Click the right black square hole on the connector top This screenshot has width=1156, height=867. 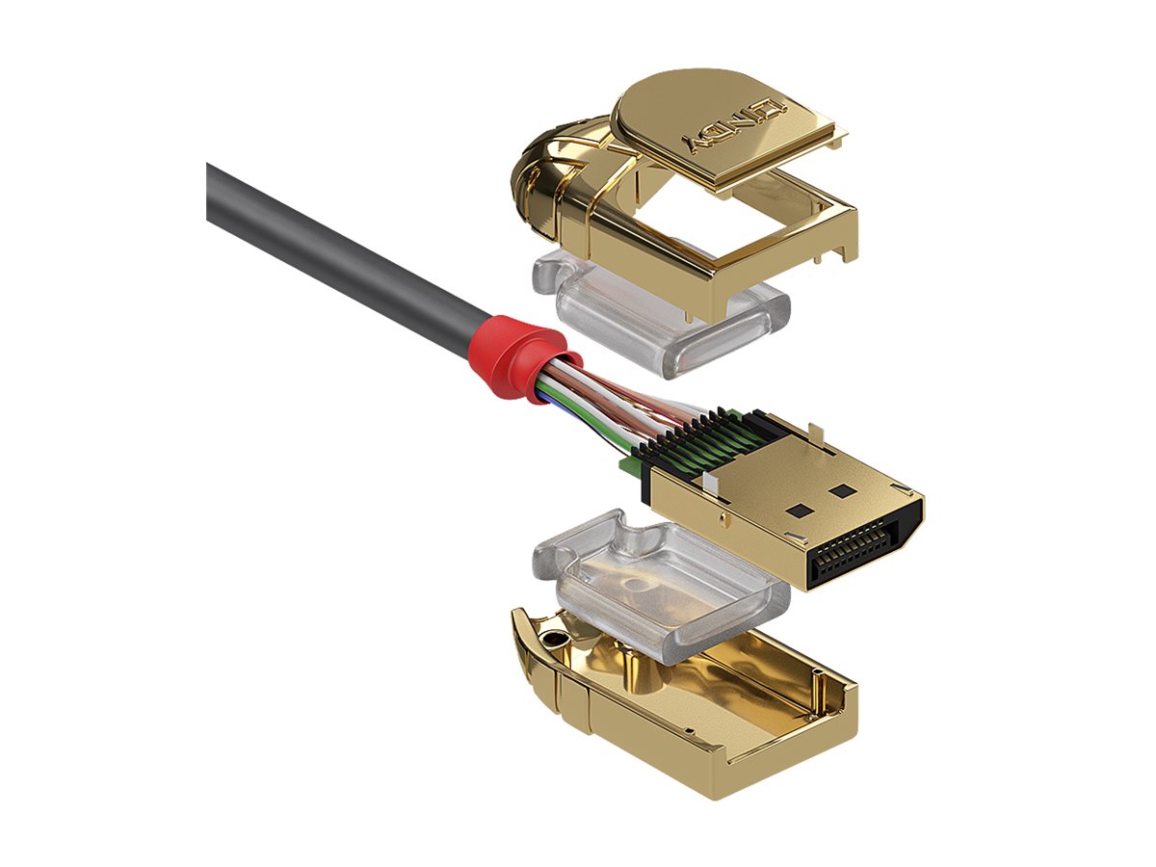(844, 490)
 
